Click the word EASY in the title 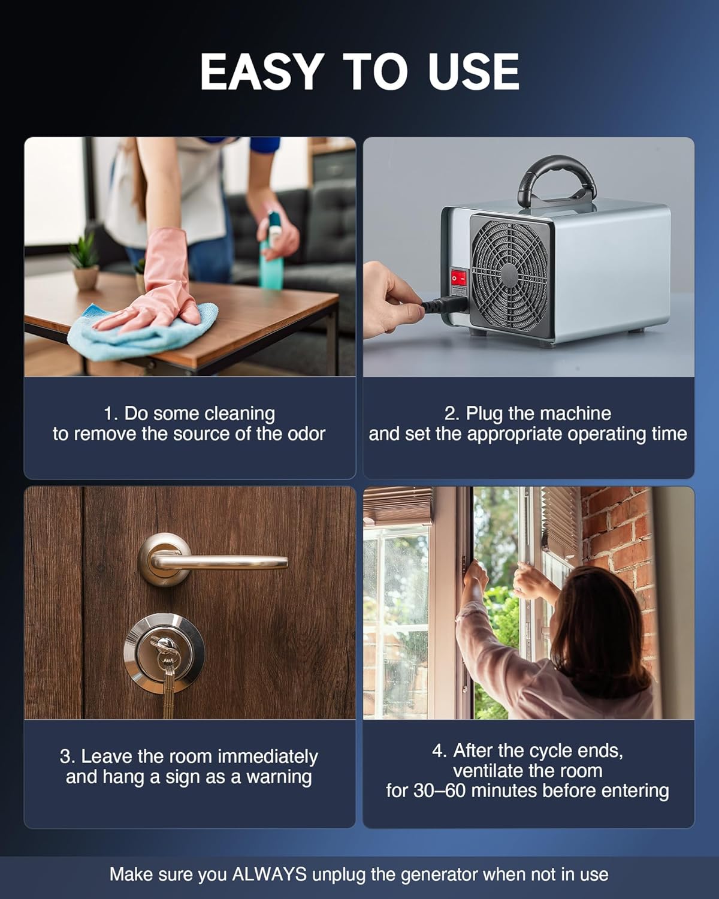261,72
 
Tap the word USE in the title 473,72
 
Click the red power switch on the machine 458,278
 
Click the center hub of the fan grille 509,274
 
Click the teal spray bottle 269,255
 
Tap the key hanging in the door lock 166,665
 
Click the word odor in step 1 306,434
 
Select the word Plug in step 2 484,414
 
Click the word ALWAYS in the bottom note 269,874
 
